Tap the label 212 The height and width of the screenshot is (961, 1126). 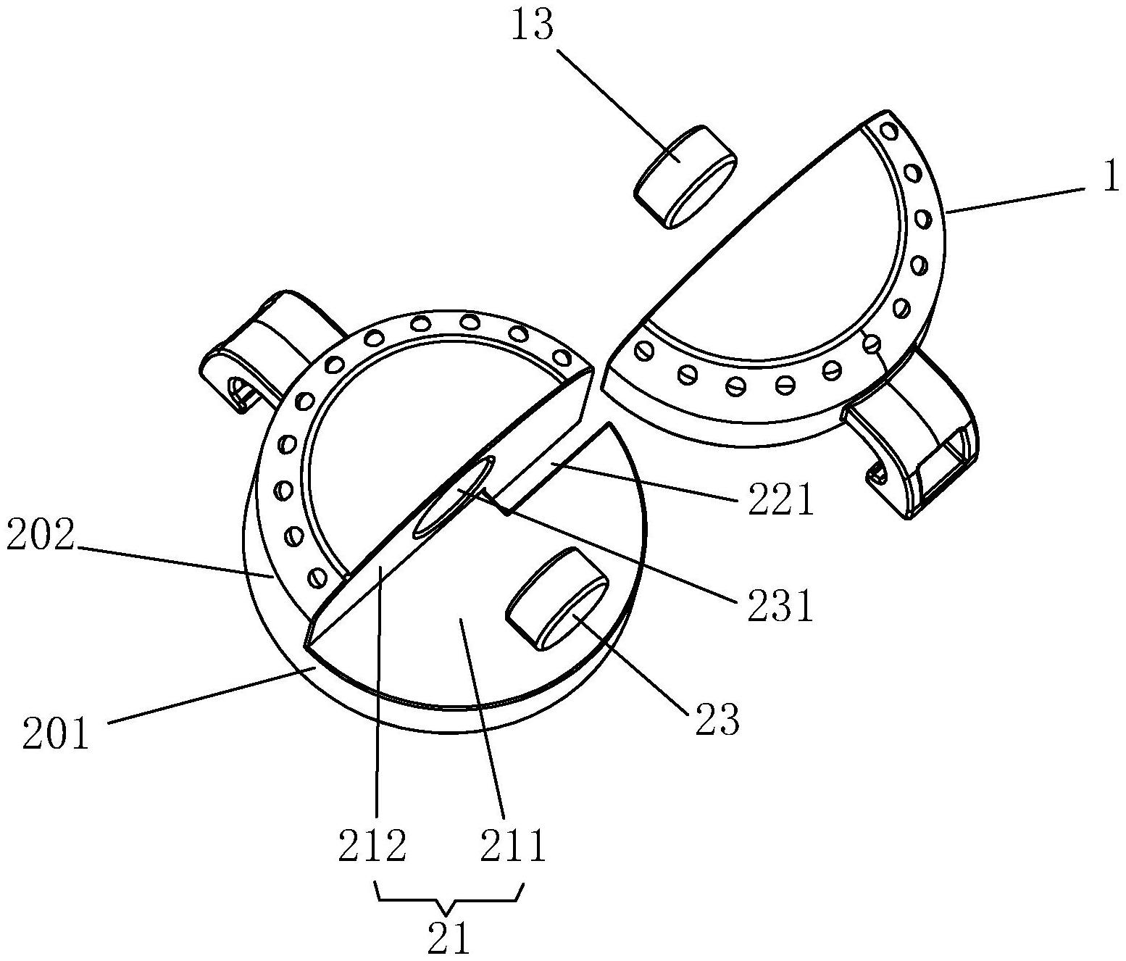tap(372, 845)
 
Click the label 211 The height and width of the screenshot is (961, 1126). tap(512, 845)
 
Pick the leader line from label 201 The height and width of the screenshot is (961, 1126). tap(210, 696)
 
